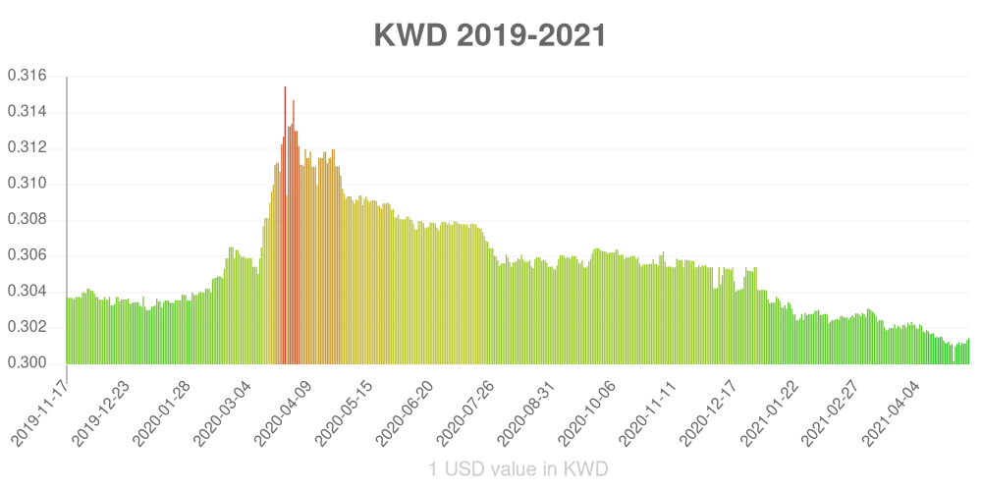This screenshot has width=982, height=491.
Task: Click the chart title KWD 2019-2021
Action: click(490, 35)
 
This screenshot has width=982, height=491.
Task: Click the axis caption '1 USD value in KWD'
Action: click(518, 469)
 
